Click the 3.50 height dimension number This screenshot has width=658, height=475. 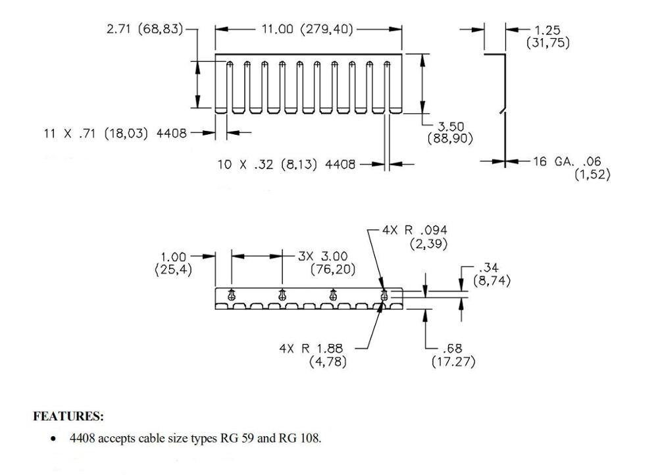click(451, 126)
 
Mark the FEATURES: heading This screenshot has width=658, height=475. click(68, 416)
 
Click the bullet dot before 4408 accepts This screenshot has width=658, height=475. click(53, 438)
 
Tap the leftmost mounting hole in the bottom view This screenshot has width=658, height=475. click(232, 295)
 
